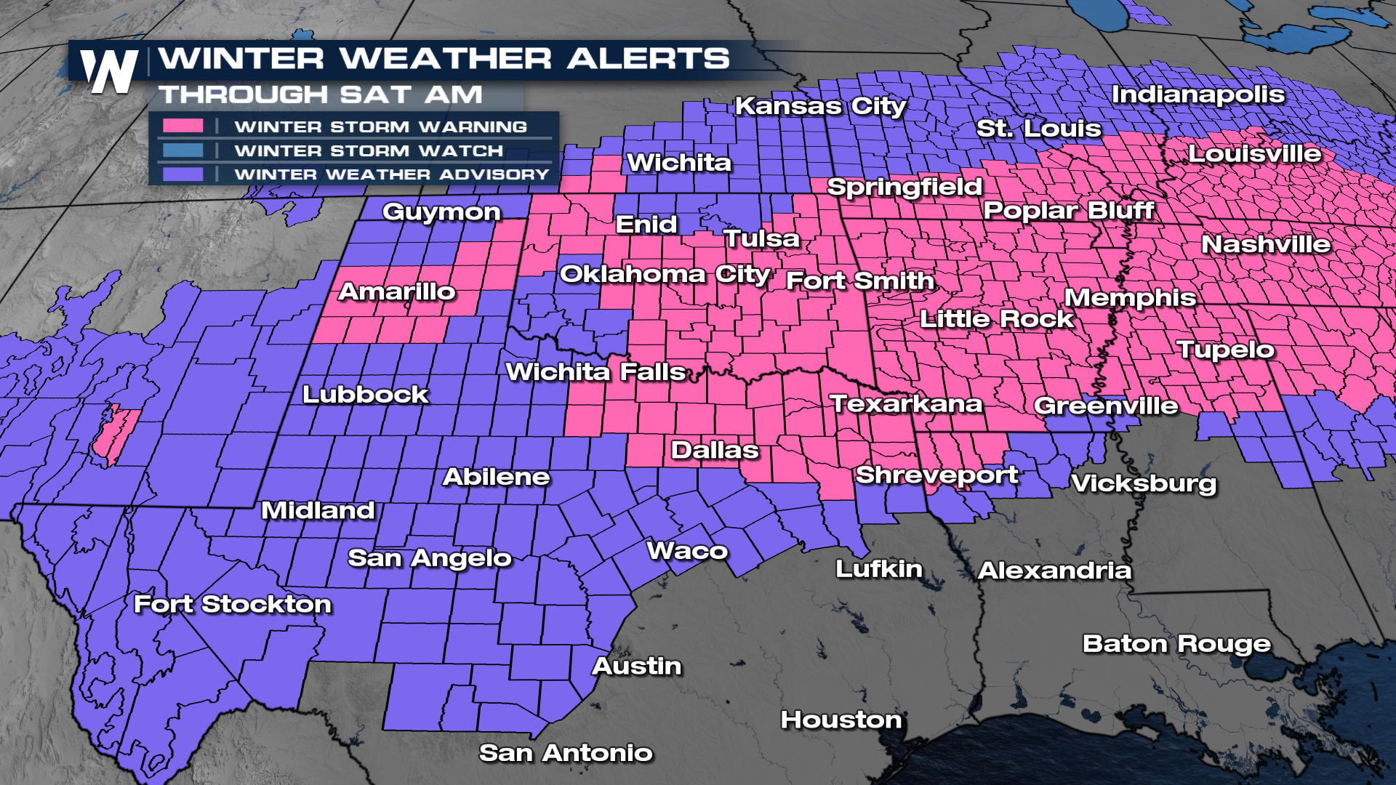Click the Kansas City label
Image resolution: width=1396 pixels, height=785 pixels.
820,106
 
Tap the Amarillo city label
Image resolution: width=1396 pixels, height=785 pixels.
397,291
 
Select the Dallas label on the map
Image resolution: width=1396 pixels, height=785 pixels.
715,450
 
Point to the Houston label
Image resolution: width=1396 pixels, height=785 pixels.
841,720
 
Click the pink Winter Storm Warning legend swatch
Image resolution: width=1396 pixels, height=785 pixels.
182,126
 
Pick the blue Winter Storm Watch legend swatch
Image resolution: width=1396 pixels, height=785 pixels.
182,150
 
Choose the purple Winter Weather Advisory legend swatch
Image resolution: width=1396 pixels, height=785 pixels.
182,174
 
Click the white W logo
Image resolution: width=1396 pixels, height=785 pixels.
109,71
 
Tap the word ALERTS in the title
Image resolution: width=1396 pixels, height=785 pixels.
648,58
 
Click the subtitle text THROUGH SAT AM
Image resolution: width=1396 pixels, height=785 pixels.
321,94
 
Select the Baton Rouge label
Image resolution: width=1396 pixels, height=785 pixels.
1176,643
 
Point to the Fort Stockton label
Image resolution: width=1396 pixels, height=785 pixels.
233,604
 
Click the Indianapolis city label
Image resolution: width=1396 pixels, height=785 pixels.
1198,94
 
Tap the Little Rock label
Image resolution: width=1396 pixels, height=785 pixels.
996,318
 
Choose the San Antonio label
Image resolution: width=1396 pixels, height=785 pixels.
566,753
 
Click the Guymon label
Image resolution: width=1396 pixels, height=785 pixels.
441,212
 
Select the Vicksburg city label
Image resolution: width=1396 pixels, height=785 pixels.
1144,483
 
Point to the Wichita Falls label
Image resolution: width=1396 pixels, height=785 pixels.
595,372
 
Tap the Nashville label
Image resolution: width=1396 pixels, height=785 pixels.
1266,244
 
